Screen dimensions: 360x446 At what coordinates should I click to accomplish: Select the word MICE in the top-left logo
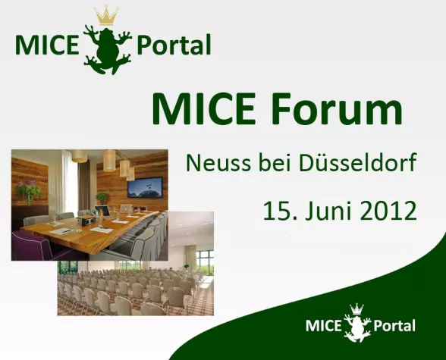tap(45, 45)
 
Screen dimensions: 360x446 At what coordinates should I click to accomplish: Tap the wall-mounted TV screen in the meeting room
tap(144, 186)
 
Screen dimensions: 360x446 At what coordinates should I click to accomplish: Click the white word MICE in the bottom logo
tap(323, 326)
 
